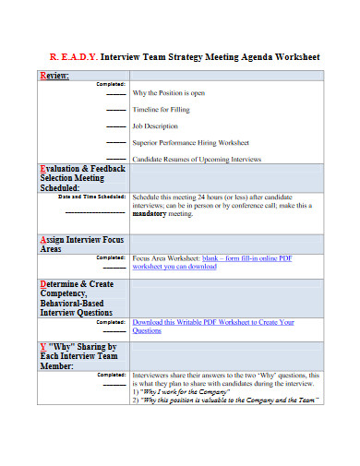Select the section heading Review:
pos(54,75)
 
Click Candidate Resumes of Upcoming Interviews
pos(198,159)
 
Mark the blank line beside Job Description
pos(115,126)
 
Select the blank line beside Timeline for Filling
pos(115,110)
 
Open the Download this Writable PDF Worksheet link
pos(212,322)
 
